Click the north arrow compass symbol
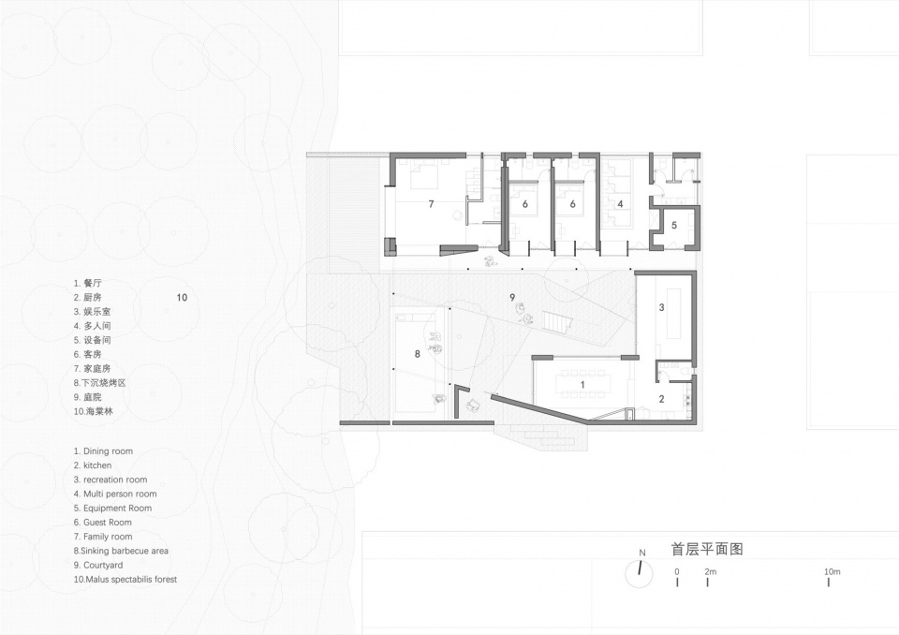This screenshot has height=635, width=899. [x=640, y=573]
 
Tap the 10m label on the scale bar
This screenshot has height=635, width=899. [x=832, y=571]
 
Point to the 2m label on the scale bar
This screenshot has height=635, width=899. [x=711, y=571]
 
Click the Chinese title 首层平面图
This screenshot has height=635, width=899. [x=707, y=549]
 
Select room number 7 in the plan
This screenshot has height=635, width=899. [x=431, y=203]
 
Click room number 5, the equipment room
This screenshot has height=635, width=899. [x=674, y=226]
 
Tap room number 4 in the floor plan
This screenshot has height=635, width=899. [x=620, y=203]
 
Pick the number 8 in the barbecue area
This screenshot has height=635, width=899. [x=418, y=354]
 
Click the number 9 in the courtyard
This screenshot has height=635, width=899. [x=512, y=297]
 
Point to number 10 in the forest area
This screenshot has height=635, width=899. [x=182, y=297]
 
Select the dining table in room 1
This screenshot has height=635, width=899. [x=582, y=384]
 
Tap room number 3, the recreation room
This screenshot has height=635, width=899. [x=662, y=307]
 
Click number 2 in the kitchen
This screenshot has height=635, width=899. [x=662, y=399]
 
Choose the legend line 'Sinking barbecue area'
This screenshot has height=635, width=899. [x=121, y=551]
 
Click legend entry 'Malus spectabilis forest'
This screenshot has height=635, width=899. [x=125, y=580]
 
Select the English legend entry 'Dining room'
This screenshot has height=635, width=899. [x=103, y=451]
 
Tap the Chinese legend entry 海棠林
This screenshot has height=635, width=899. [x=94, y=411]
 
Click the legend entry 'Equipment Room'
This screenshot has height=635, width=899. [x=113, y=509]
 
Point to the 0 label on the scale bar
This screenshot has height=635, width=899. [x=677, y=571]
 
